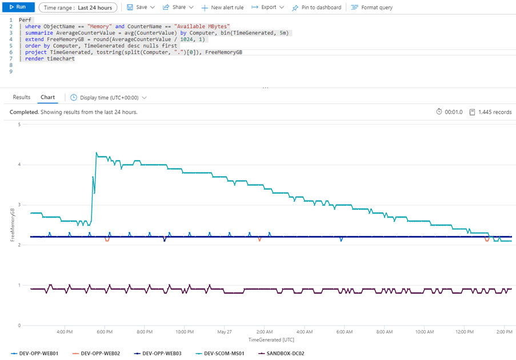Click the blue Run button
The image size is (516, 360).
[18, 7]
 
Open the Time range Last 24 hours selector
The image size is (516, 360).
[78, 7]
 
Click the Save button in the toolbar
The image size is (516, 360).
[141, 7]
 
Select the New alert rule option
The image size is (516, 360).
[222, 7]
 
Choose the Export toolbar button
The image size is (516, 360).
[268, 7]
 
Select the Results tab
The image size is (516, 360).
[22, 97]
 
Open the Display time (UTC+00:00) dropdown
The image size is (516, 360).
[109, 98]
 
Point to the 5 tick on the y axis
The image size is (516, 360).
[19, 125]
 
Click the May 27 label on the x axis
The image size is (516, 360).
[225, 331]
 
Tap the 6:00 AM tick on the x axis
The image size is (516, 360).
[345, 331]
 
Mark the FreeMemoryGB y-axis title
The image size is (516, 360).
[13, 225]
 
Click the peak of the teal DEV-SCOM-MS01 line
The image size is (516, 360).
[96, 153]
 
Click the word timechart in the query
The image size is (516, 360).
[61, 59]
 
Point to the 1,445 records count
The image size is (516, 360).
[495, 112]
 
